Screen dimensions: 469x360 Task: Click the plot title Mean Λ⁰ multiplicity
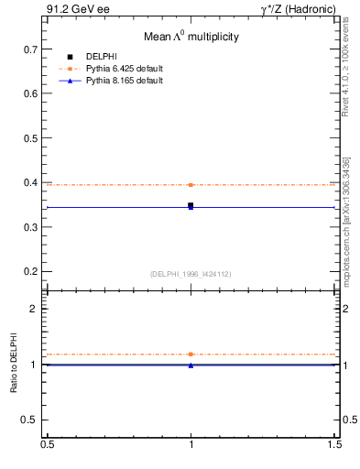(x=191, y=37)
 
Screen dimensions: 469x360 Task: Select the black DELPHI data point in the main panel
(x=191, y=205)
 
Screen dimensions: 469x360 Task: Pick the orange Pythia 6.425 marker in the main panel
(x=191, y=185)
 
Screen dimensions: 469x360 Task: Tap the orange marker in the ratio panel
(x=191, y=354)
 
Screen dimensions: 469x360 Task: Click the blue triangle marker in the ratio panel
(x=191, y=365)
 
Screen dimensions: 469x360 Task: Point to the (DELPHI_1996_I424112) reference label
(x=191, y=274)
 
